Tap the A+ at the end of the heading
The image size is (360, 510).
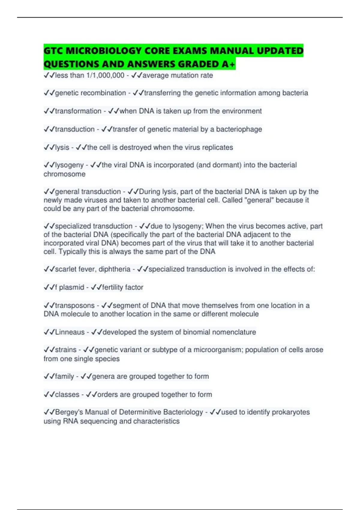pyautogui.click(x=229, y=64)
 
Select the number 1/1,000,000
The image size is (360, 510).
pyautogui.click(x=105, y=75)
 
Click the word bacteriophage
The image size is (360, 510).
pyautogui.click(x=239, y=129)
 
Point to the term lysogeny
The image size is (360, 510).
pyautogui.click(x=69, y=165)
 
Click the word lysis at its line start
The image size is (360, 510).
pyautogui.click(x=62, y=147)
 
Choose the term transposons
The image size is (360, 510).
pyautogui.click(x=75, y=305)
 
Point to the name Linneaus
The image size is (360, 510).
pyautogui.click(x=70, y=332)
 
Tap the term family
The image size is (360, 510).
pyautogui.click(x=64, y=376)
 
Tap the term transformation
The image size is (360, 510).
pyautogui.click(x=78, y=111)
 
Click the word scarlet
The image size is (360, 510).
pyautogui.click(x=65, y=269)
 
